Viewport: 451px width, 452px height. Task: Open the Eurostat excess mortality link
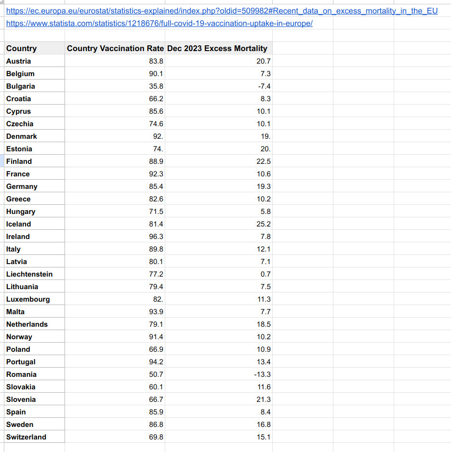pos(222,11)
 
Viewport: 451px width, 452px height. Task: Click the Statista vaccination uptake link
pos(159,23)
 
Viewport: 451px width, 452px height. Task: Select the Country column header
pos(22,48)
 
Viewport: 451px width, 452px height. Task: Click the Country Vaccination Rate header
pos(115,48)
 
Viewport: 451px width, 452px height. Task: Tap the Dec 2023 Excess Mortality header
pos(217,48)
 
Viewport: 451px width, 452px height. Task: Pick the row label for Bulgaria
pos(21,86)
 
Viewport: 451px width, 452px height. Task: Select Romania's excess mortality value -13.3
pos(262,374)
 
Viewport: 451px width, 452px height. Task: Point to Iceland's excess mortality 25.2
pos(264,224)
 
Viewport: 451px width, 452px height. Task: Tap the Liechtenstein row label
pos(29,274)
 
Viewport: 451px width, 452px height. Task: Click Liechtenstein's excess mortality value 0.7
pos(265,274)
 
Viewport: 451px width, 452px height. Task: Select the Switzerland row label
pos(27,437)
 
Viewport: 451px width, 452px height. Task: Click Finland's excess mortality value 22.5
pos(264,161)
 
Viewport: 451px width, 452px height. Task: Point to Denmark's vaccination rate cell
pos(158,136)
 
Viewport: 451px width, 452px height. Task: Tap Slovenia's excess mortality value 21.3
pos(264,399)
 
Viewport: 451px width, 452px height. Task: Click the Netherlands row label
pos(27,324)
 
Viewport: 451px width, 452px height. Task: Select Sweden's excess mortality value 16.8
pos(264,425)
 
